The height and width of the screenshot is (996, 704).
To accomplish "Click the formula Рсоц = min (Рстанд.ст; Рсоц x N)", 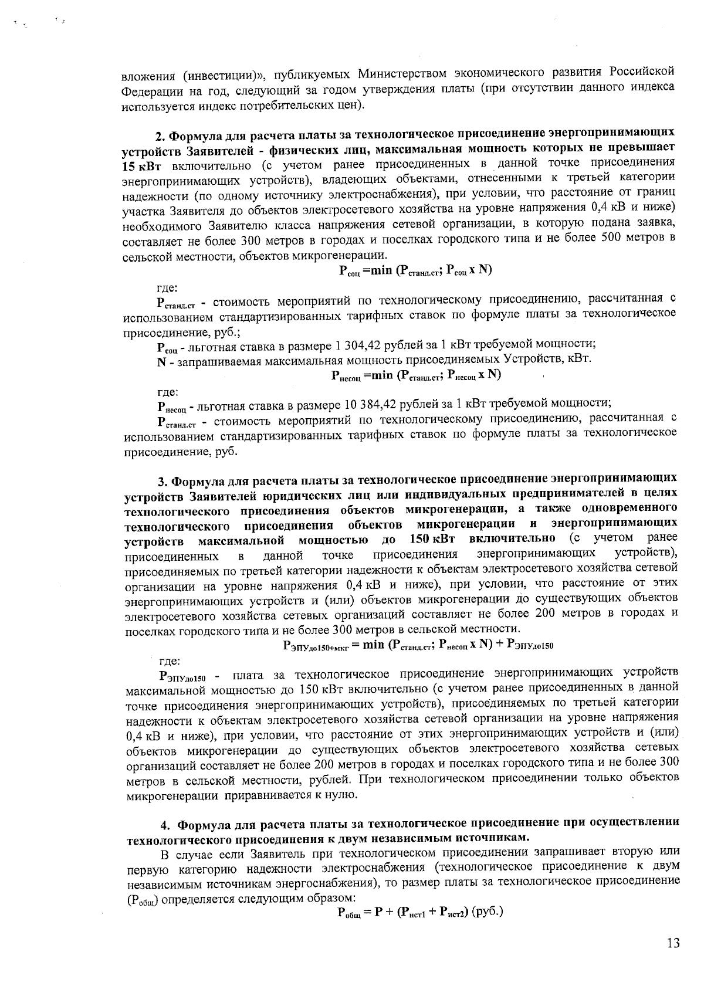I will point(415,270).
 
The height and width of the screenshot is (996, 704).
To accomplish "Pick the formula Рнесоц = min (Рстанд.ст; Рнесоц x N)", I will point(415,375).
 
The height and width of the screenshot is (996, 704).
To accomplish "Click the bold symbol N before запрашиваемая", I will point(161,360).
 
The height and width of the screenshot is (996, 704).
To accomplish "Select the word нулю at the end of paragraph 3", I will point(341,795).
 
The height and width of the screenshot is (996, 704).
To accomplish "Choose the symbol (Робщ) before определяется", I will point(143,899).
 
